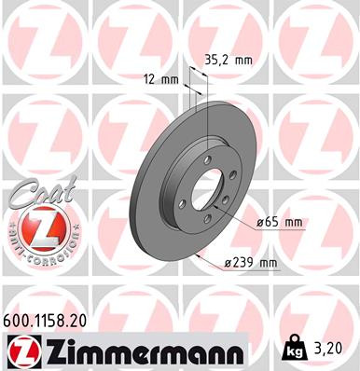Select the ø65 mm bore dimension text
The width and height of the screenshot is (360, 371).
[280, 222]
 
